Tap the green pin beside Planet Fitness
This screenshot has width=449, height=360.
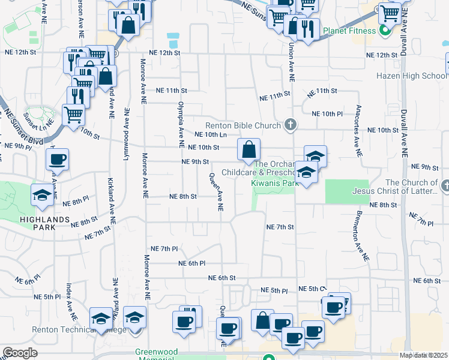click(x=384, y=30)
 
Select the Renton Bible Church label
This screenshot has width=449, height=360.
click(x=243, y=126)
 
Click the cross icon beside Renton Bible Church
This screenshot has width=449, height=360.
click(x=291, y=125)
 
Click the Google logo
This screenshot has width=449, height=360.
click(x=20, y=353)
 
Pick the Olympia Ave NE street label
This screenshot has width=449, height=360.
click(x=179, y=125)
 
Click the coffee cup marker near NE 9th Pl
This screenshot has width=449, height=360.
click(x=58, y=160)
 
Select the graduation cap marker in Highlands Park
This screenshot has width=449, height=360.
click(x=42, y=195)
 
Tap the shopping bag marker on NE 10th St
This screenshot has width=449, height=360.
click(x=249, y=149)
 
